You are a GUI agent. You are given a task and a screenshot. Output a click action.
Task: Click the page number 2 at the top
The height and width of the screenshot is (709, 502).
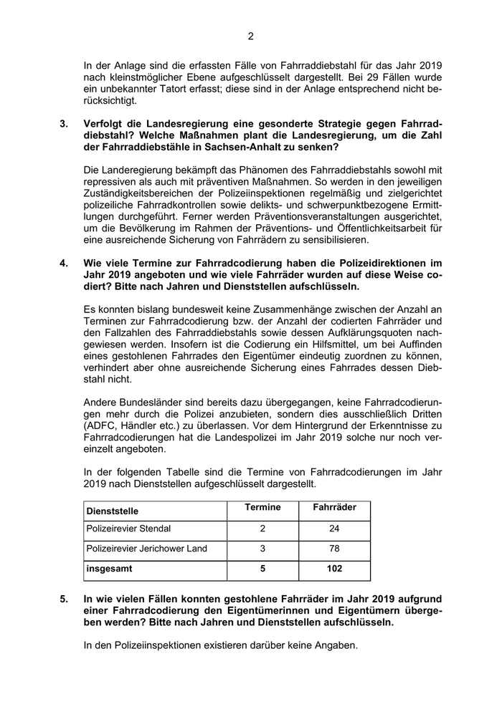click(251, 37)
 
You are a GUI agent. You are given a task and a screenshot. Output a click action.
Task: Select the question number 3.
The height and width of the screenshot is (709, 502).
click(64, 123)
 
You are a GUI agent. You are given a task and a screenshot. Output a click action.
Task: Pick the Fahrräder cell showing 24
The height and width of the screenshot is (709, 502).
click(334, 529)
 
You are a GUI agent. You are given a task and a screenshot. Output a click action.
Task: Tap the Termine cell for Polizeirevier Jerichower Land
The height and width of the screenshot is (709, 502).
click(262, 549)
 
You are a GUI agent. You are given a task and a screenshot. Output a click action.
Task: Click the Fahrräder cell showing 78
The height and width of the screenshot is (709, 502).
click(334, 549)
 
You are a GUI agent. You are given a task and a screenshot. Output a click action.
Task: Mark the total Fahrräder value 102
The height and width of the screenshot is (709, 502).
click(334, 569)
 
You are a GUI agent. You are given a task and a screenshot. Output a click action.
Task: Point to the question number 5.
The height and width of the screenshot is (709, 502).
click(64, 598)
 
